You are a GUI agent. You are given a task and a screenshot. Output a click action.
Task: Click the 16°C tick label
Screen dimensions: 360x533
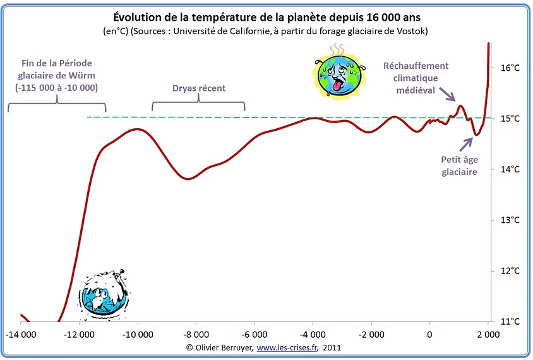pyautogui.click(x=510, y=68)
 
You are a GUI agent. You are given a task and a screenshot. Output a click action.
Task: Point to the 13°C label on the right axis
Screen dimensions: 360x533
pyautogui.click(x=510, y=220)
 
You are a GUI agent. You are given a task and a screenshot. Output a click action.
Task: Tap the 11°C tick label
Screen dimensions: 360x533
pyautogui.click(x=510, y=321)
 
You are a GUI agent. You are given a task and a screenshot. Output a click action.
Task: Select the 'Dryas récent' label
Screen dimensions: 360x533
pyautogui.click(x=198, y=88)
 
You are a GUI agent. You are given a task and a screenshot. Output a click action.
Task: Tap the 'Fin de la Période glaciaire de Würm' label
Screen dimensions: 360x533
pyautogui.click(x=57, y=75)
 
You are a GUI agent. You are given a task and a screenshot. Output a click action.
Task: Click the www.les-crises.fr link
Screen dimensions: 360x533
pyautogui.click(x=288, y=347)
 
